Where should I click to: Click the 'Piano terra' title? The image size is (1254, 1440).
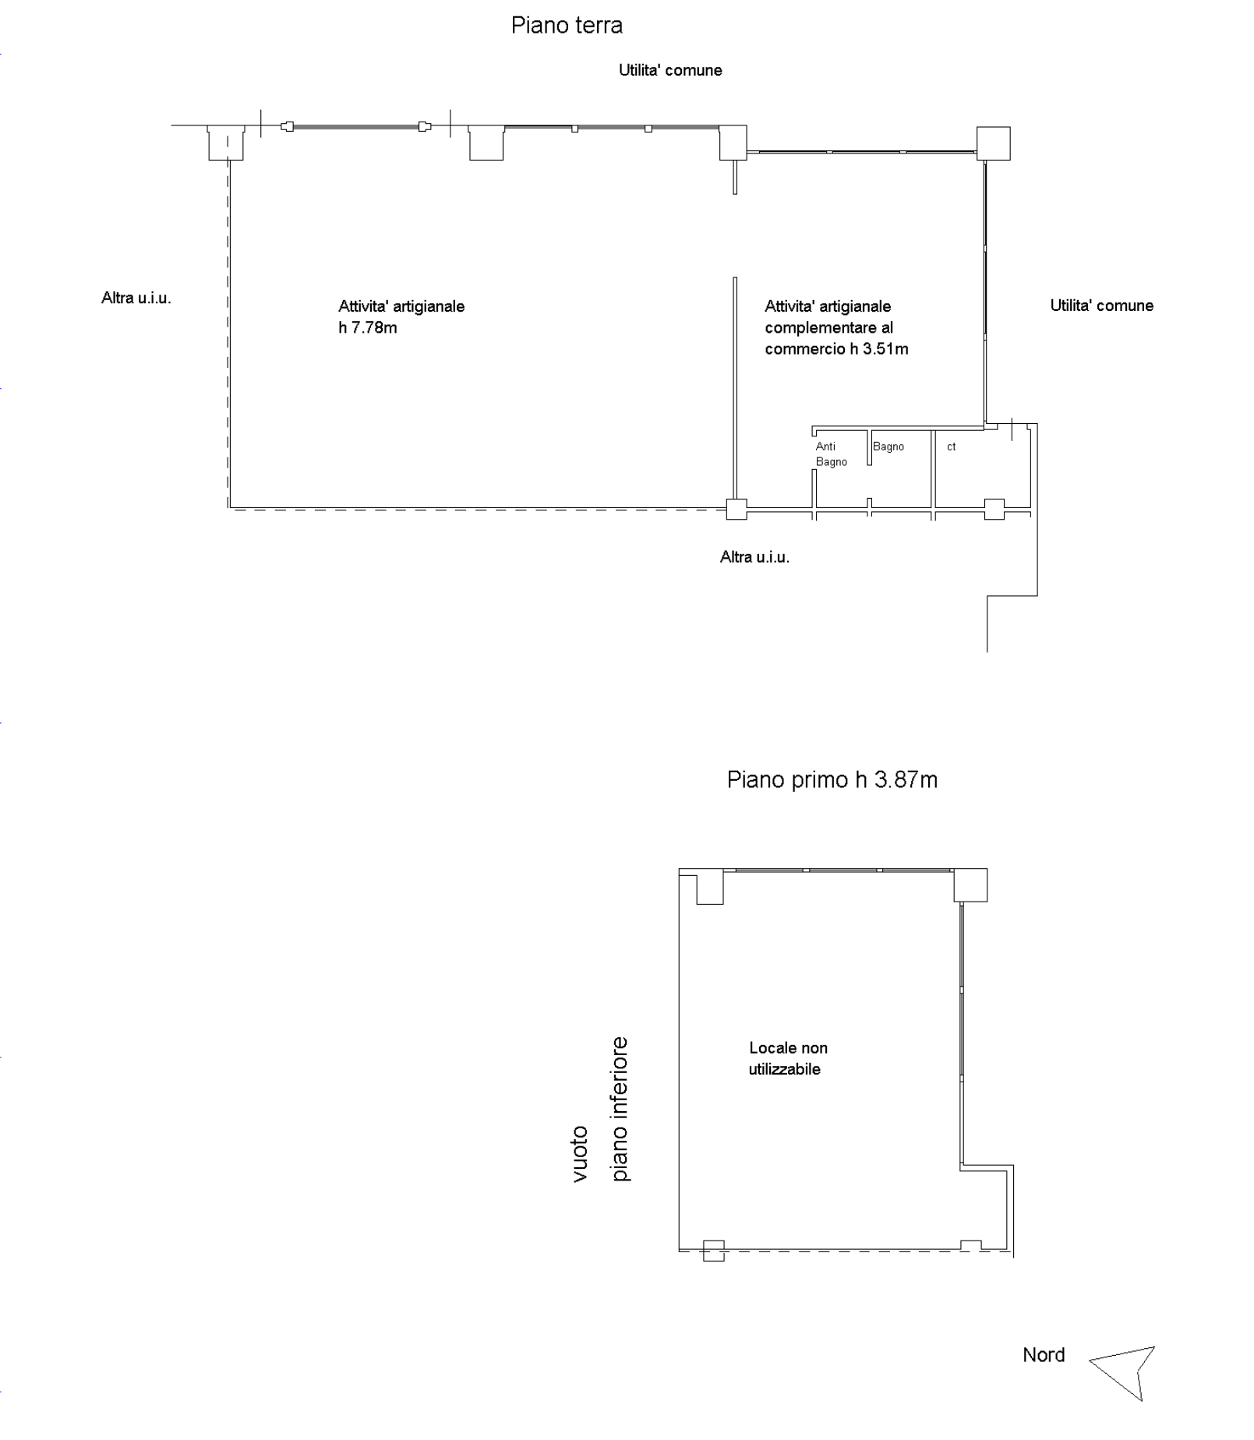[x=567, y=26]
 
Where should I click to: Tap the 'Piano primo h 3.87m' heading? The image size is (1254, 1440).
[x=832, y=780]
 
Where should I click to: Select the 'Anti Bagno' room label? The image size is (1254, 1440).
[x=831, y=454]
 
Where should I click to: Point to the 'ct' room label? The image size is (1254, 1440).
[x=951, y=447]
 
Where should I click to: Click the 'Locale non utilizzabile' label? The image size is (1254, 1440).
[x=787, y=1059]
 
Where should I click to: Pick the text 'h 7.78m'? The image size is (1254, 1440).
[x=368, y=328]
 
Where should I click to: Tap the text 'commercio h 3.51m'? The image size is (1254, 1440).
[x=836, y=349]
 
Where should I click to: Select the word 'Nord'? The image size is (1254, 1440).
[x=1044, y=1355]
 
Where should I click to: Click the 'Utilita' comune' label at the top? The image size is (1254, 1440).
[x=670, y=71]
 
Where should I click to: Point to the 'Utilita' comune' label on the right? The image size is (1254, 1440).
[x=1101, y=306]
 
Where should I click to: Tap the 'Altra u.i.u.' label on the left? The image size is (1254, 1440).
[x=136, y=298]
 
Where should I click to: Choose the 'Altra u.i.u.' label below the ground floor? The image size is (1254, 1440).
[x=754, y=557]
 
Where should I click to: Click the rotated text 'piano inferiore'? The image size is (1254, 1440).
[x=620, y=1109]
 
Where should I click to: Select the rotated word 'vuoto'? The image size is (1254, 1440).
[x=580, y=1154]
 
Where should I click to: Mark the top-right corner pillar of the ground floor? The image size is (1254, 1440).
[x=994, y=143]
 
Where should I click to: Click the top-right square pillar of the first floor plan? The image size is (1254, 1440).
[x=971, y=885]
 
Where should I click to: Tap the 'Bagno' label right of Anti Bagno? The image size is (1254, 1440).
[x=888, y=446]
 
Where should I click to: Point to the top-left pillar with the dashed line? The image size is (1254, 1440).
[x=226, y=143]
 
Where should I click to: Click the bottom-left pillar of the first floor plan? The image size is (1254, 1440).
[x=714, y=1251]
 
